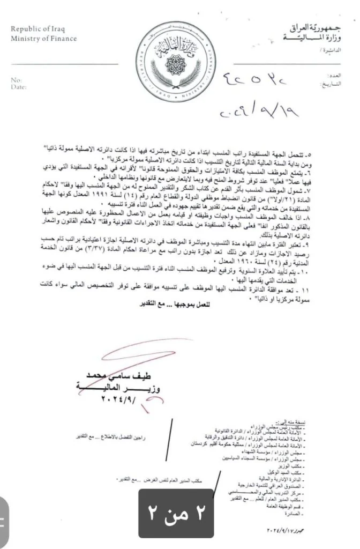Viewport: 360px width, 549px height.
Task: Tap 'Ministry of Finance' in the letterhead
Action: click(43, 39)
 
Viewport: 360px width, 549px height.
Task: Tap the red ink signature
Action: click(153, 362)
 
